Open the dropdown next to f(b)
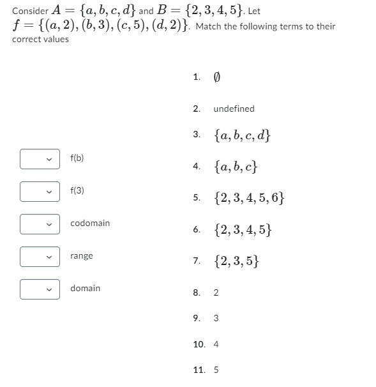point(39,158)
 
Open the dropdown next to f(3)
point(39,191)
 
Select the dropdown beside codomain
point(39,224)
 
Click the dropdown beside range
point(39,256)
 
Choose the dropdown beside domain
point(39,289)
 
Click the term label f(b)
point(77,158)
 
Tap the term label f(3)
point(77,190)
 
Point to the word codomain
point(90,223)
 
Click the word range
point(82,255)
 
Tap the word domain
point(85,288)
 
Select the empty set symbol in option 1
point(217,78)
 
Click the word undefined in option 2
point(234,109)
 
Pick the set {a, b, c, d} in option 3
point(242,135)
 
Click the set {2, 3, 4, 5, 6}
point(250,198)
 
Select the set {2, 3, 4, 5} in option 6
point(243,229)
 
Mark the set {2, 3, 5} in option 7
point(236,261)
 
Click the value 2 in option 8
point(216,292)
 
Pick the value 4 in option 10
point(216,344)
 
